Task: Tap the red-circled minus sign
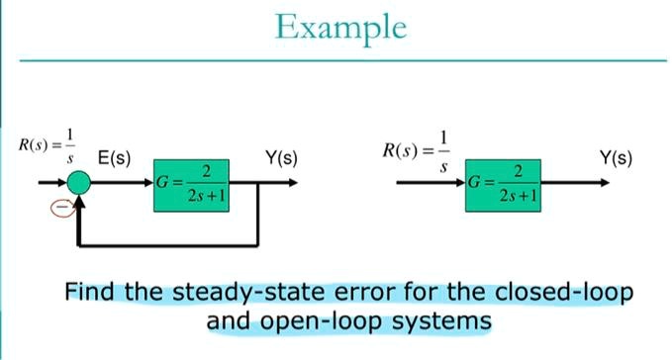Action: click(60, 207)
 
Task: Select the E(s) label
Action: click(115, 158)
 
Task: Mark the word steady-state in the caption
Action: click(228, 294)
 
